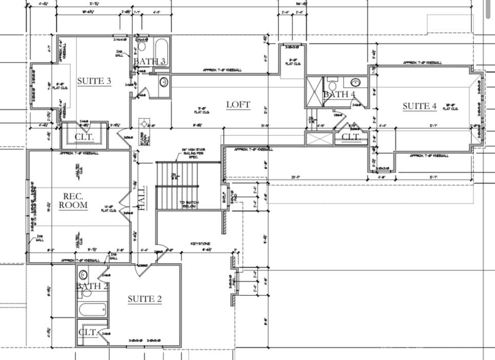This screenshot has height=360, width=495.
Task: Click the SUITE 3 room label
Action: click(94, 81)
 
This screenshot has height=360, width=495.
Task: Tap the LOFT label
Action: click(238, 105)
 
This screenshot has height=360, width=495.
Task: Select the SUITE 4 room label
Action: click(419, 106)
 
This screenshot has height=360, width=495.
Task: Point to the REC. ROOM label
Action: click(73, 201)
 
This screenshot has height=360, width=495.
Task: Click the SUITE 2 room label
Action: click(144, 299)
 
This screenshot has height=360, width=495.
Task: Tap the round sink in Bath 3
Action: click(163, 82)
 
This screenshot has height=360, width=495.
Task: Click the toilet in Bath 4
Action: click(332, 83)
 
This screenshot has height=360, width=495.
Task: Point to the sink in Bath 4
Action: click(355, 82)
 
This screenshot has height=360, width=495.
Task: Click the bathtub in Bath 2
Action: click(92, 309)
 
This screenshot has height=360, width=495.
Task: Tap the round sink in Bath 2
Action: click(83, 274)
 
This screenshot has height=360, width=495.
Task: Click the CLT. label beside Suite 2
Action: click(87, 332)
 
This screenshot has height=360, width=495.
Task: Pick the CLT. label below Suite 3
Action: click(84, 137)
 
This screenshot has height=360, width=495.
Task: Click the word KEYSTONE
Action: click(201, 244)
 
